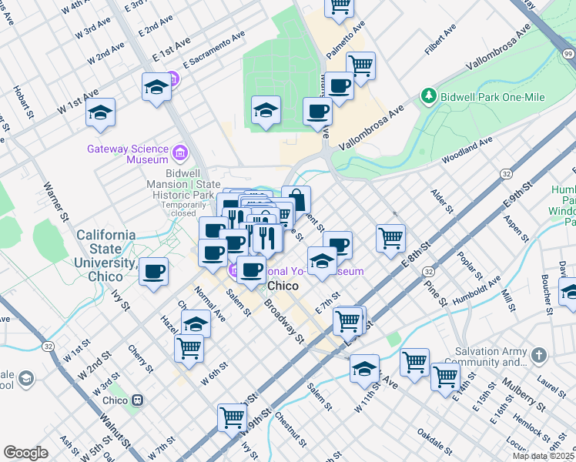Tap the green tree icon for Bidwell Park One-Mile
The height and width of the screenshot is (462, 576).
(x=428, y=96)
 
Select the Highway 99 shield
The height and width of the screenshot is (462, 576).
(x=568, y=53)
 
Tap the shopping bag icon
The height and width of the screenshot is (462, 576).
(x=296, y=199)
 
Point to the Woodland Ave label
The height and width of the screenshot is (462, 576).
(x=467, y=151)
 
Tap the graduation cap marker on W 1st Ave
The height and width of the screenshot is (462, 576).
(x=100, y=112)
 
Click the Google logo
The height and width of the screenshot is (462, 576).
(x=26, y=453)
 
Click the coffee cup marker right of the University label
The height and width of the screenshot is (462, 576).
(x=154, y=271)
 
